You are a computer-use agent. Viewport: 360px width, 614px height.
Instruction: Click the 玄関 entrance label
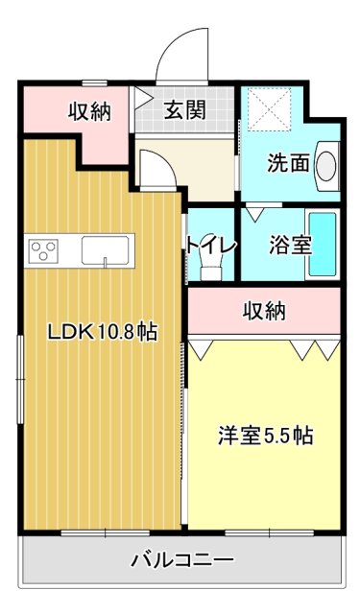[184, 110]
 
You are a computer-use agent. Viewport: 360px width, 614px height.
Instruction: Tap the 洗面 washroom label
[287, 164]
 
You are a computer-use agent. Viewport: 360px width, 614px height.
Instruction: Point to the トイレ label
[212, 245]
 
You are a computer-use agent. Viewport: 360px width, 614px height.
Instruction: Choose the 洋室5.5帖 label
[263, 435]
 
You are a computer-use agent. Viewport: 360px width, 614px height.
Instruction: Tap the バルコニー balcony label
[181, 560]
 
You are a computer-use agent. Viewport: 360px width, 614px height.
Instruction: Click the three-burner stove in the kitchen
[44, 251]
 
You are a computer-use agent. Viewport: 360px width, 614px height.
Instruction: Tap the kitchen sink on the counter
[102, 250]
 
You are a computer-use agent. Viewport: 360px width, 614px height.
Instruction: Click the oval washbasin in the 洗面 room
[326, 163]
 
